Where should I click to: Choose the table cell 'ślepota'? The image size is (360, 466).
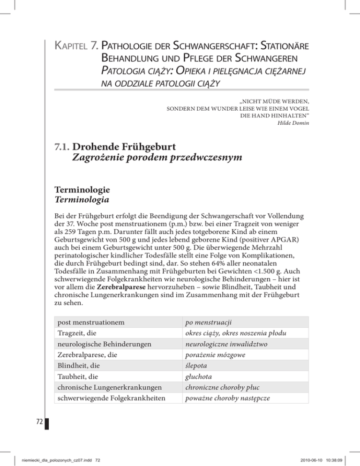[x=195, y=365]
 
